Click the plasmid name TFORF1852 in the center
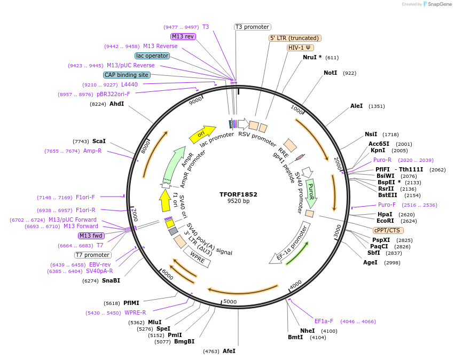238,194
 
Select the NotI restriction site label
330,73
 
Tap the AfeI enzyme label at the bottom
229,351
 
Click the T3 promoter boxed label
253,27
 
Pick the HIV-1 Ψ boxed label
300,48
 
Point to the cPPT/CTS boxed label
387,230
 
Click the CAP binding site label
127,75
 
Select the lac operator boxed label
152,56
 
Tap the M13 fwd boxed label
91,236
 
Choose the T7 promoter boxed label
92,255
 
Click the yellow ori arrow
202,134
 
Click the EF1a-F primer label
324,322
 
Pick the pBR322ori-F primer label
113,94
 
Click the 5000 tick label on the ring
230,302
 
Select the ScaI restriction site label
99,141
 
